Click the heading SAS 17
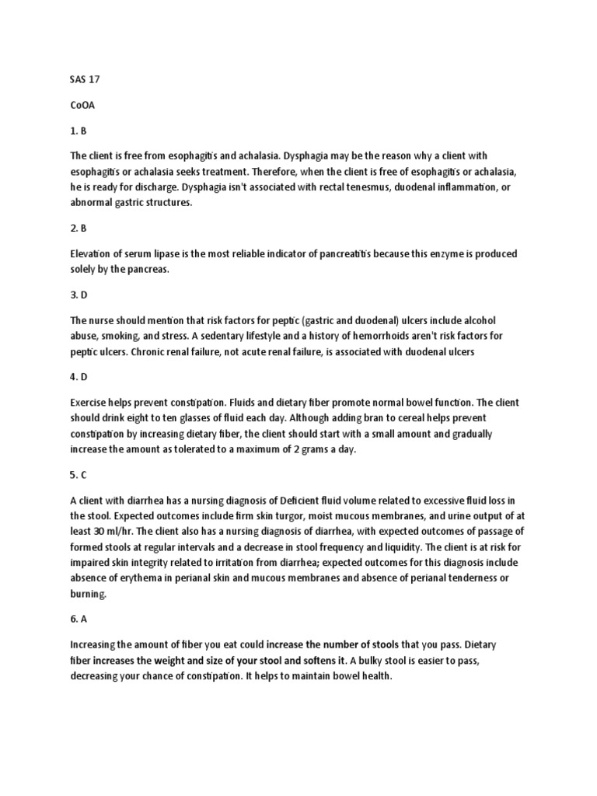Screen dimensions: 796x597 click(85, 80)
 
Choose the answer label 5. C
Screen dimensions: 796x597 click(79, 473)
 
